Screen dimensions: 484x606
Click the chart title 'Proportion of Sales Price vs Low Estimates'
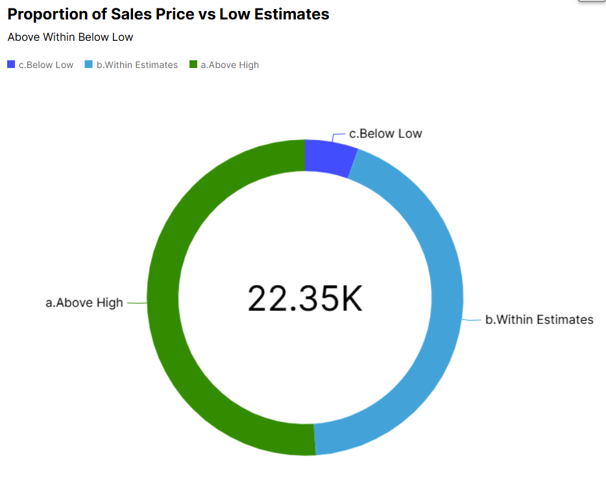point(168,14)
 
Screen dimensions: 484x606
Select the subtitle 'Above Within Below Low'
point(70,38)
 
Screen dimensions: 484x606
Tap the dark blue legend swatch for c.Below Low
point(11,65)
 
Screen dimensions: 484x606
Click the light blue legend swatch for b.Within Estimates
point(89,65)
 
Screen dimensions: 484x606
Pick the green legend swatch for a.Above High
point(193,65)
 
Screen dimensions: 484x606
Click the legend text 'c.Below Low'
point(46,65)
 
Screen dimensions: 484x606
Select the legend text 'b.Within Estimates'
point(137,65)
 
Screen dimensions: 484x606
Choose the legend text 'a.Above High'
point(230,65)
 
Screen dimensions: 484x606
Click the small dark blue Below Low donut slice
point(329,156)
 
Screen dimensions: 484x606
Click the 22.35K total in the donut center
point(305,299)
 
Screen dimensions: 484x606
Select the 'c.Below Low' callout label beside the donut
point(385,134)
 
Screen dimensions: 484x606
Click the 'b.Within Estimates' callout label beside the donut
point(539,319)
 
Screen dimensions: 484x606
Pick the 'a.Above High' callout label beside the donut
point(84,303)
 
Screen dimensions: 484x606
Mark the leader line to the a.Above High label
point(136,303)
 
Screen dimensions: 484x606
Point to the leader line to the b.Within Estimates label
point(472,319)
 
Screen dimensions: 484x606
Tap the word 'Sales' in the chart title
point(154,14)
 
